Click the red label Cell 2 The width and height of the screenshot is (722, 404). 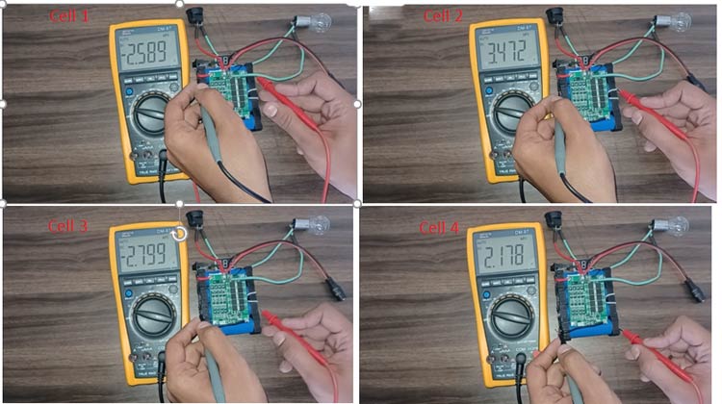pyautogui.click(x=443, y=16)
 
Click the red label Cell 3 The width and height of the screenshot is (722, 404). pyautogui.click(x=68, y=226)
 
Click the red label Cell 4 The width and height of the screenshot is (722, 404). pyautogui.click(x=439, y=228)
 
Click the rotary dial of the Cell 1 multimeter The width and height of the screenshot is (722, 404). pyautogui.click(x=153, y=117)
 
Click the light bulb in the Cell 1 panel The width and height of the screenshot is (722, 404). pyautogui.click(x=317, y=20)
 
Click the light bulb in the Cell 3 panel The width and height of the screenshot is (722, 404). pyautogui.click(x=311, y=226)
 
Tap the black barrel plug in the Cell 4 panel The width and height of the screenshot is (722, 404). pyautogui.click(x=693, y=287)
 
